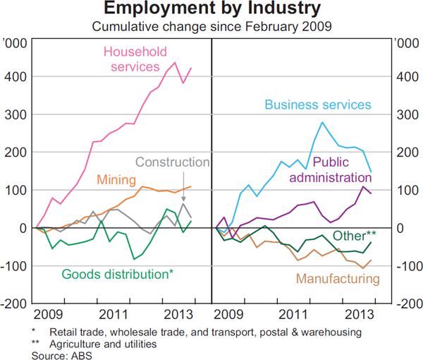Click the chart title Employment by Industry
click(211, 10)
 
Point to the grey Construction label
click(172, 162)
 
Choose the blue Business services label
click(317, 105)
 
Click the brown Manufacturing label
click(338, 279)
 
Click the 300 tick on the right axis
click(406, 114)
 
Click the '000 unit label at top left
click(16, 44)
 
